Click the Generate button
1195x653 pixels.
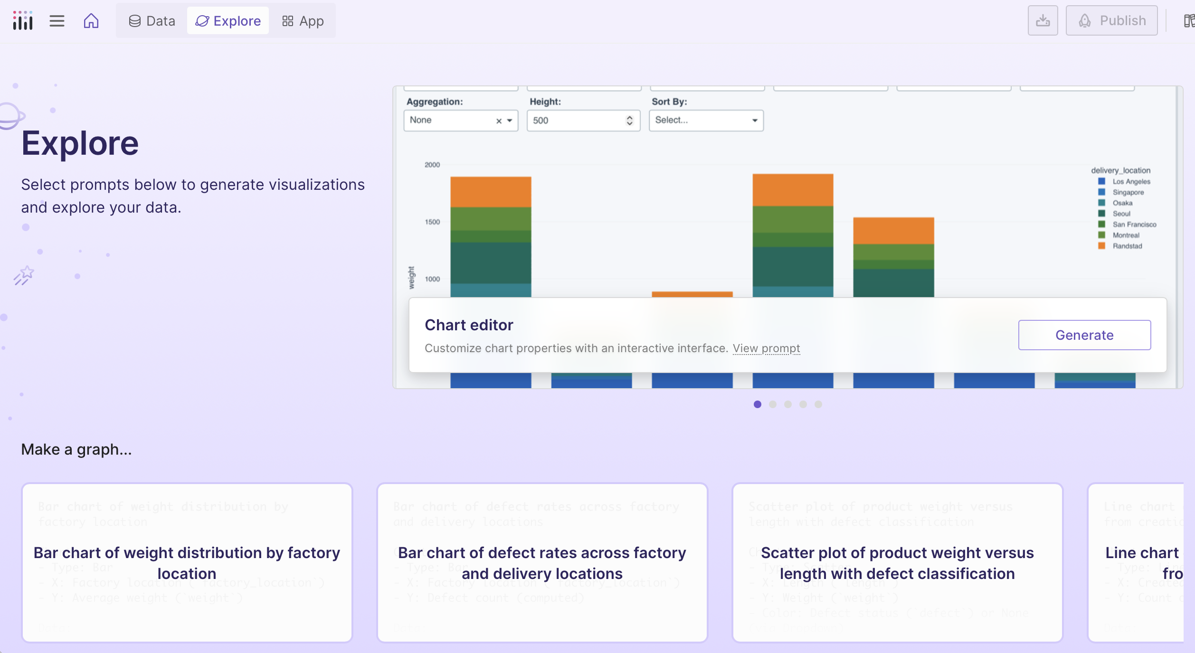[1084, 335]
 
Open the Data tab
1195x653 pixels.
[152, 21]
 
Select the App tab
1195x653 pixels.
[303, 21]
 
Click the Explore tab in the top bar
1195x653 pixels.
[228, 21]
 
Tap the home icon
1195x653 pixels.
[91, 21]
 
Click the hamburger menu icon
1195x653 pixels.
[57, 21]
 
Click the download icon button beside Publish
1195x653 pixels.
[1043, 21]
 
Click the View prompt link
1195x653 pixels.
[766, 348]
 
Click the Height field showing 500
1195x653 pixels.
[577, 121]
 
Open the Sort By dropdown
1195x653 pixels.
[706, 121]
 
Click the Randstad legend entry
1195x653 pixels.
[1127, 246]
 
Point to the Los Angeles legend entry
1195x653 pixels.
[1131, 181]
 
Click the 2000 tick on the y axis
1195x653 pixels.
[432, 165]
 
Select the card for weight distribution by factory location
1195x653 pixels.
[187, 563]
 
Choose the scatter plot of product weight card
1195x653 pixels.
[897, 563]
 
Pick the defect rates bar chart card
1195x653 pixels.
[542, 563]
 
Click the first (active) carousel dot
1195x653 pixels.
[758, 404]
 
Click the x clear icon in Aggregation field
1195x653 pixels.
[499, 121]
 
